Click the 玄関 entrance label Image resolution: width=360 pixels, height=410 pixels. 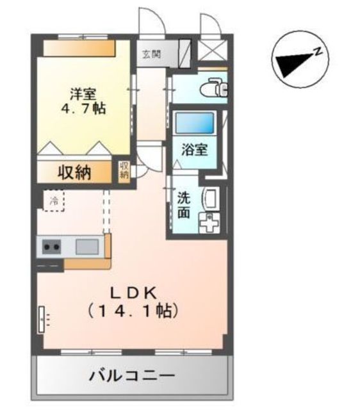click(x=152, y=53)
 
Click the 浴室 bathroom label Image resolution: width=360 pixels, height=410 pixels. click(x=194, y=151)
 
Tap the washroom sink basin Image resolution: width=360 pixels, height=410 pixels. click(x=211, y=198)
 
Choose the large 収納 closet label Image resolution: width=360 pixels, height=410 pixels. click(x=76, y=172)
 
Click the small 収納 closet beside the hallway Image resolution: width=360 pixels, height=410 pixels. click(x=124, y=170)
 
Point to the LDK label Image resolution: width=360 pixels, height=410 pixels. click(x=133, y=292)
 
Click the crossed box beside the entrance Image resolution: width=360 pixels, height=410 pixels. click(x=213, y=49)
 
